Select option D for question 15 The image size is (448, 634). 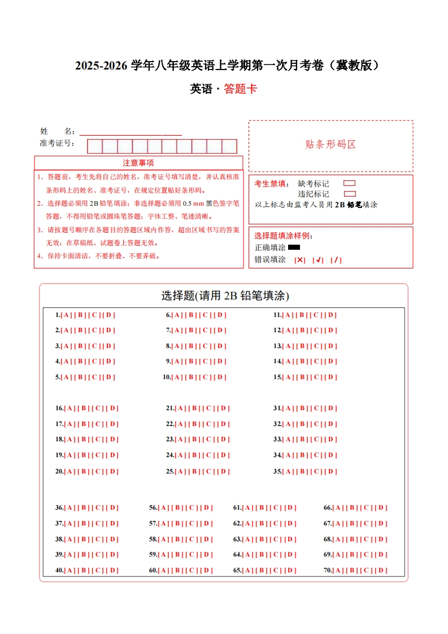pyautogui.click(x=331, y=377)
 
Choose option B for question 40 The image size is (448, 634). pyautogui.click(x=84, y=571)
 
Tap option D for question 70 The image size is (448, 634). pyautogui.click(x=381, y=571)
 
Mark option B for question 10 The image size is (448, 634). pyautogui.click(x=193, y=377)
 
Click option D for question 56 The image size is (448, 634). pyautogui.click(x=207, y=508)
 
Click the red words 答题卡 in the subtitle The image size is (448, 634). pyautogui.click(x=240, y=89)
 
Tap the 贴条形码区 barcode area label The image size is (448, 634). pyautogui.click(x=330, y=145)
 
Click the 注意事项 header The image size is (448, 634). pyautogui.click(x=138, y=163)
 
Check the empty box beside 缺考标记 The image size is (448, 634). pyautogui.click(x=349, y=183)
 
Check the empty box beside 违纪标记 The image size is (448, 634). pyautogui.click(x=349, y=194)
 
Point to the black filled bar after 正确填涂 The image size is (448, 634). pyautogui.click(x=294, y=247)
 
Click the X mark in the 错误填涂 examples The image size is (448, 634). pyautogui.click(x=300, y=260)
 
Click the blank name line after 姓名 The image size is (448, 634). pyautogui.click(x=130, y=132)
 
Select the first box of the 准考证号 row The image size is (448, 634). pyautogui.click(x=94, y=146)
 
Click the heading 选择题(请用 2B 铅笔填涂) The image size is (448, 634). pyautogui.click(x=225, y=296)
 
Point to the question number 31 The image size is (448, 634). pyautogui.click(x=277, y=409)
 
